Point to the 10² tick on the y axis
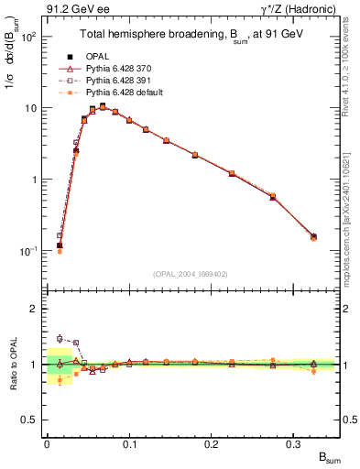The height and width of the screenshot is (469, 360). point(27,38)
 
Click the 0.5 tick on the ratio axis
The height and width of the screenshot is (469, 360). point(30,420)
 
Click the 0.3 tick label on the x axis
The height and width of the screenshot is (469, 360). point(294,443)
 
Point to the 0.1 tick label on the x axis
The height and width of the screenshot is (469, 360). point(129,443)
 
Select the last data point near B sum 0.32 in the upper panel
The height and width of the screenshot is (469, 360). point(314,237)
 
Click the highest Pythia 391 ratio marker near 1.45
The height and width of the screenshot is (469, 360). point(60,338)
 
